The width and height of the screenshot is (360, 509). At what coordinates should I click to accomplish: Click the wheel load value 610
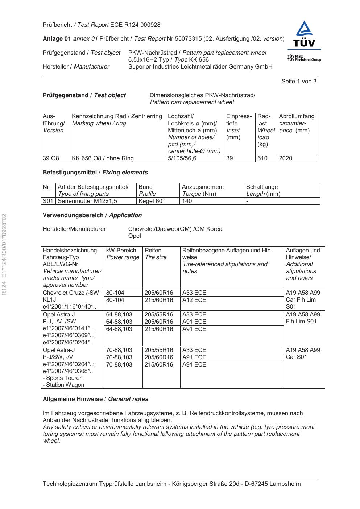coord(262,158)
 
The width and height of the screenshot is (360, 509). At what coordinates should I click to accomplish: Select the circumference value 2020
coord(286,158)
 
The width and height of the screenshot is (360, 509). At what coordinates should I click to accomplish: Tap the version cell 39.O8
coord(51,158)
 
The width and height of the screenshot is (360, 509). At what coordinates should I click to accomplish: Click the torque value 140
coord(187,201)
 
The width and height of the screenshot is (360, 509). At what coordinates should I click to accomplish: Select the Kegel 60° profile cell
coord(152,201)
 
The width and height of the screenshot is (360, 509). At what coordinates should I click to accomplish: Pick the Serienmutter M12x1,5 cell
coord(87,201)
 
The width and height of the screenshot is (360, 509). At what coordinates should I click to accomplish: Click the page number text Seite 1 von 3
coord(299,82)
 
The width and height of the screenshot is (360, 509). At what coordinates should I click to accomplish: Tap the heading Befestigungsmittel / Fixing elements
coord(95,173)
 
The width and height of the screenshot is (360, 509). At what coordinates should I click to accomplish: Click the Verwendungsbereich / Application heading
coord(92,215)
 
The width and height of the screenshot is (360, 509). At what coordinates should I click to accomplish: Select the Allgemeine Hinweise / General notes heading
coord(95,399)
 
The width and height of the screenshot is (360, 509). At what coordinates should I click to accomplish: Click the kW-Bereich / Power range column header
coord(123,254)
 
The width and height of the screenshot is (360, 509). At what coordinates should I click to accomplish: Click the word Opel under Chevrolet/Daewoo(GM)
coord(135,236)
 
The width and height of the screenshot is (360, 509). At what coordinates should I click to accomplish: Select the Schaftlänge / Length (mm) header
coord(263,190)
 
